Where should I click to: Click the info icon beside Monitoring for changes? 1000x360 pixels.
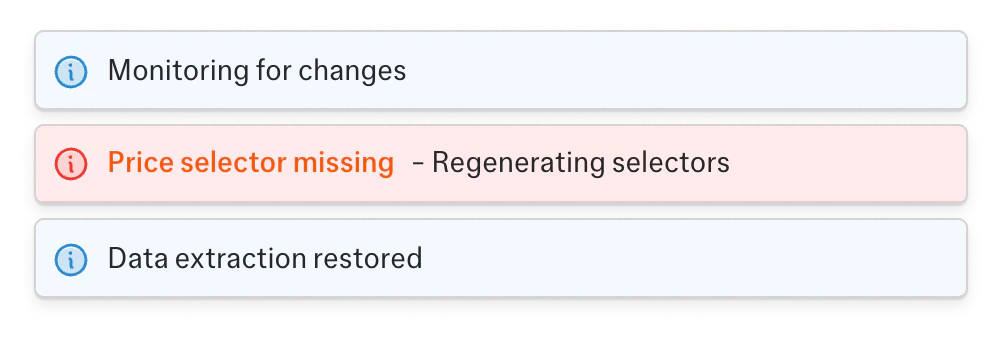(71, 71)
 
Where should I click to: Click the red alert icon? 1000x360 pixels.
(71, 163)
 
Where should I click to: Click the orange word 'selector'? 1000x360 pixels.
(231, 162)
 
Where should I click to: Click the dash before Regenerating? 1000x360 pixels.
(417, 163)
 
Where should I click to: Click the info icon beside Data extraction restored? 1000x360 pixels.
(71, 259)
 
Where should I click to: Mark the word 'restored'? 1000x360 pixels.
(367, 259)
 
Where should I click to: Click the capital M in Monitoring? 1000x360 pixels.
(120, 71)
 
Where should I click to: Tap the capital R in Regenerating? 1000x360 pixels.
(441, 162)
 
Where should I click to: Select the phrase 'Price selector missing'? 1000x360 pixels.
(250, 162)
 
